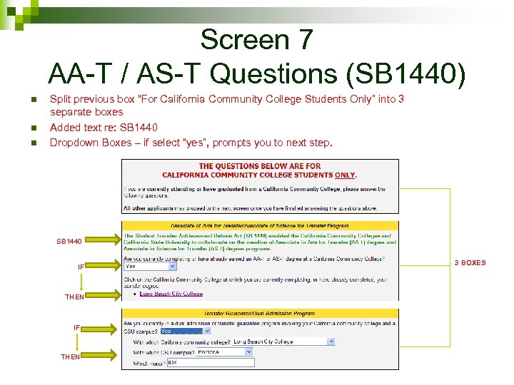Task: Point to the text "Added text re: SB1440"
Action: click(104, 128)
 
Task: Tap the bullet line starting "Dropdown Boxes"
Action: click(191, 143)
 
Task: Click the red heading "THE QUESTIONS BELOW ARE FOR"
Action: click(260, 166)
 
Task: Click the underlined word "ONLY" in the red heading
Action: click(345, 175)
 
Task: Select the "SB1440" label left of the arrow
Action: click(70, 242)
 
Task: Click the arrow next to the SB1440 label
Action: click(104, 241)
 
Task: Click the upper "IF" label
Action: click(81, 267)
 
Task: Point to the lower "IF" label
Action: click(77, 328)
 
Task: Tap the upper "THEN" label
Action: click(75, 297)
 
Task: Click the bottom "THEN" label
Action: click(71, 356)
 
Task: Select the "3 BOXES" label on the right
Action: click(470, 263)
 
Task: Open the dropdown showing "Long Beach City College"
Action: click(281, 342)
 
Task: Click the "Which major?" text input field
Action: click(210, 363)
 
